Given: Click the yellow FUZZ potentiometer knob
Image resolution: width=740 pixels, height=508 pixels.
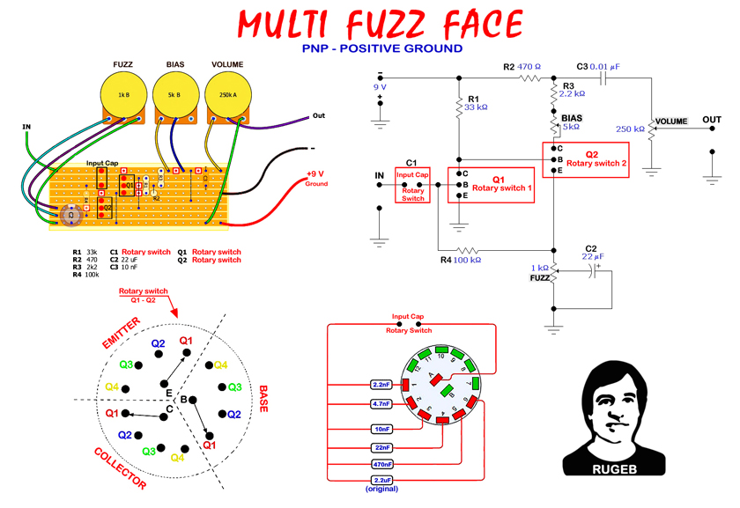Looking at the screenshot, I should [123, 94].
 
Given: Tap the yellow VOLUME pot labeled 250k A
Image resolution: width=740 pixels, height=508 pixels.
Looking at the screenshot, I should [226, 94].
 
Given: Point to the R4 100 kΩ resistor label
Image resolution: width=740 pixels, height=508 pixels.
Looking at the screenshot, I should [461, 261].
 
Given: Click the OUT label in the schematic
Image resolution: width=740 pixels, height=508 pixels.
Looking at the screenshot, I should [712, 120].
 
